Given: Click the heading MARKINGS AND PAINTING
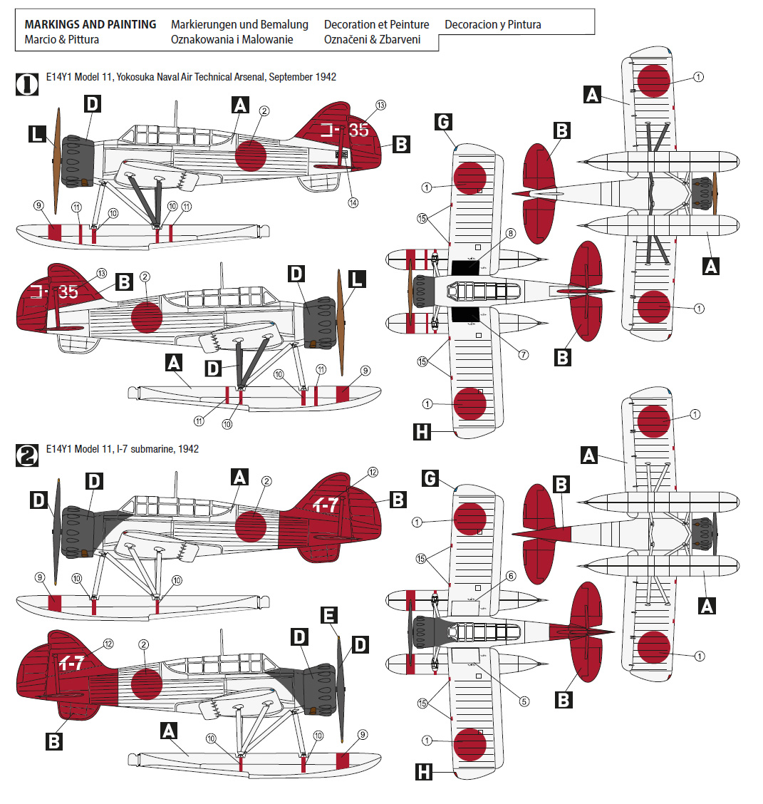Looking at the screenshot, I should [90, 24].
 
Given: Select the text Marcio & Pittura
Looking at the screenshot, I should [61, 40].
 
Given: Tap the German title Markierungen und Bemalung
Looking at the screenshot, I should [239, 24].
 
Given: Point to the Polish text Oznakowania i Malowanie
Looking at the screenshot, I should [232, 40].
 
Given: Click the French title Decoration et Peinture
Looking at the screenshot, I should [376, 24].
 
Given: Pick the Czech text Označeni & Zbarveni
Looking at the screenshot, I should [372, 40].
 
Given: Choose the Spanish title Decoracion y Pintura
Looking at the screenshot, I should [492, 24].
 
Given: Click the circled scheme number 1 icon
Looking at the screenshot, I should [27, 84].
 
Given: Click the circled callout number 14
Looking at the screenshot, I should [353, 202].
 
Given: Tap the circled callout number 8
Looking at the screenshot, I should [510, 233].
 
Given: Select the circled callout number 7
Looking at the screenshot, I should [524, 354].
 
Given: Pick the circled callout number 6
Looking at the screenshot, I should [510, 576].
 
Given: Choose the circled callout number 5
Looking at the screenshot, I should [524, 701].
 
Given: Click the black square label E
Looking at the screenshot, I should [328, 615].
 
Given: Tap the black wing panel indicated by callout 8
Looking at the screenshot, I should [467, 267].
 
